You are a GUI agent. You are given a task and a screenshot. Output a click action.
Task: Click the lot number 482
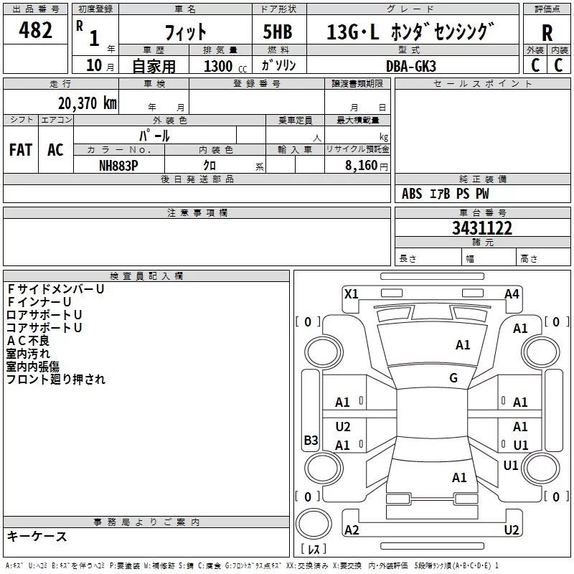pyautogui.click(x=35, y=29)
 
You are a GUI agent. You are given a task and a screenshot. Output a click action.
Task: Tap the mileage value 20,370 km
pyautogui.click(x=88, y=103)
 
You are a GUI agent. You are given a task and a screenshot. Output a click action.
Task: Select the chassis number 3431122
pyautogui.click(x=482, y=228)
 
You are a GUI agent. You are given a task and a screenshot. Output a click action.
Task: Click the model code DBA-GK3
pyautogui.click(x=411, y=66)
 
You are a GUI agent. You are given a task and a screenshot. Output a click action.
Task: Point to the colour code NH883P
pyautogui.click(x=118, y=166)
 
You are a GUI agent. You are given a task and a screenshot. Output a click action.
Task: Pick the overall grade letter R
pyautogui.click(x=547, y=32)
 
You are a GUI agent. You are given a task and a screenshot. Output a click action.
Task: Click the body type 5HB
pyautogui.click(x=278, y=32)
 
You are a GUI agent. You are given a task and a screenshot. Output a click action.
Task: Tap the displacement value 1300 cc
pyautogui.click(x=225, y=66)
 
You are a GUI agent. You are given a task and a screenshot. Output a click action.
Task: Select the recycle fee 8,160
pyautogui.click(x=361, y=165)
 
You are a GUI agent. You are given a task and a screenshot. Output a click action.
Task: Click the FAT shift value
pyautogui.click(x=21, y=150)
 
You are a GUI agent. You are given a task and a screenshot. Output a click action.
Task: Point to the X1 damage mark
pyautogui.click(x=351, y=294)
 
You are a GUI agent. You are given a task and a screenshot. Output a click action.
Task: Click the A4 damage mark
pyautogui.click(x=512, y=294)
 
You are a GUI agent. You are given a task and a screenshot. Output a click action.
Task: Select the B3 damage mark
pyautogui.click(x=311, y=440)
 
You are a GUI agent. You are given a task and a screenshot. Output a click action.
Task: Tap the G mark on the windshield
pyautogui.click(x=453, y=377)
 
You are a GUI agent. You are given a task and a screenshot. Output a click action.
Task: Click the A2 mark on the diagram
pyautogui.click(x=352, y=530)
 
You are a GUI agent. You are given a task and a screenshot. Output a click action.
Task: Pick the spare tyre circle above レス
pyautogui.click(x=314, y=524)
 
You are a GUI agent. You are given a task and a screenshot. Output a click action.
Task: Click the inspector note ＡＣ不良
pyautogui.click(x=28, y=341)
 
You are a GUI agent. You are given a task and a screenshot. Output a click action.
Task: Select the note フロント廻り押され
pyautogui.click(x=56, y=380)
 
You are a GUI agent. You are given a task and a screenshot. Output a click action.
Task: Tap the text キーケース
pyautogui.click(x=37, y=536)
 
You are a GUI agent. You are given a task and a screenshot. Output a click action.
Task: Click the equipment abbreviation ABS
pyautogui.click(x=412, y=194)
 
